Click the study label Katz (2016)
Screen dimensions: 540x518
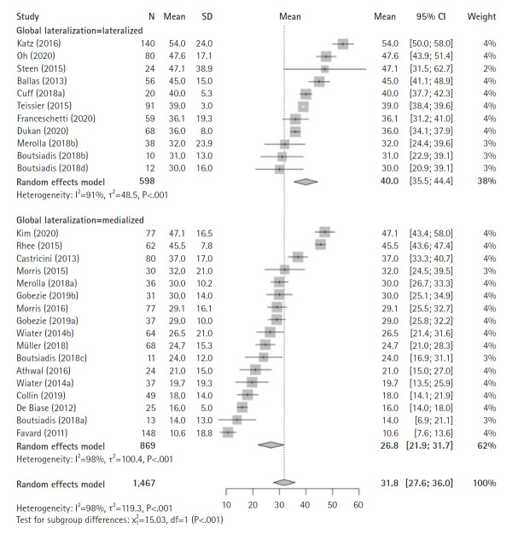click(x=35, y=43)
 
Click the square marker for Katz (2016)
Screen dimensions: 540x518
click(x=342, y=44)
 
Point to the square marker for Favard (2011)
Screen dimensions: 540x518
click(x=227, y=433)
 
